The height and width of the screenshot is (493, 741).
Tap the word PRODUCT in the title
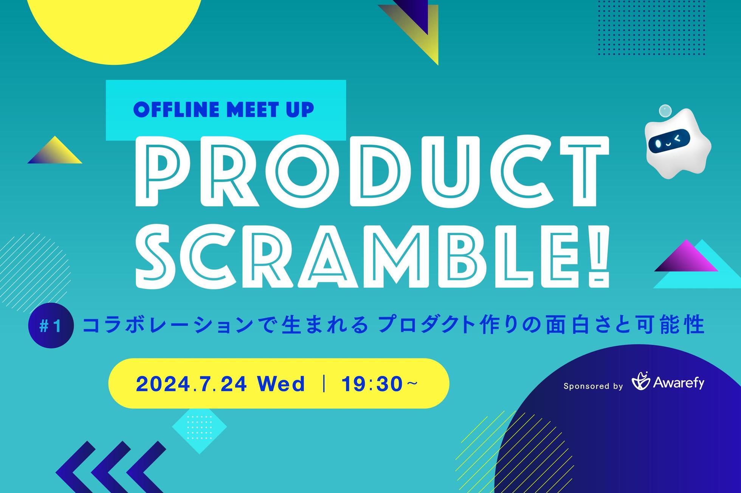[372, 172]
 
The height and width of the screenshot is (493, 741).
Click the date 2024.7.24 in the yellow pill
[192, 384]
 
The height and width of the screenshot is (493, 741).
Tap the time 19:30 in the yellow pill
[372, 384]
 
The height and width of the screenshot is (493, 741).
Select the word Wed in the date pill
[281, 384]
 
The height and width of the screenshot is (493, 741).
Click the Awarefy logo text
[679, 383]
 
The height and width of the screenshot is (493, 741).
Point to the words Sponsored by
[593, 386]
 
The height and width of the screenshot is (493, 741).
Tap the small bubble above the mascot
[665, 111]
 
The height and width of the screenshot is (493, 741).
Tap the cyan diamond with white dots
[199, 427]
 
